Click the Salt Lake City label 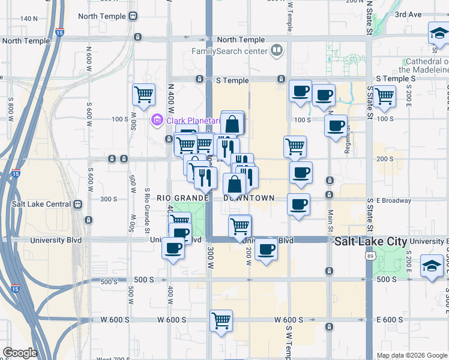tap(371, 241)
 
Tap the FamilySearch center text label tap(228, 50)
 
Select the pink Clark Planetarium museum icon tap(157, 120)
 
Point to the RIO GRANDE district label tap(182, 198)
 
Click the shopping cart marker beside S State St tap(384, 95)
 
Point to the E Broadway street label tap(394, 200)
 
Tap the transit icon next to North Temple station tap(133, 17)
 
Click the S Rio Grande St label tap(147, 211)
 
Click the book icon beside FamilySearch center tap(277, 50)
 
